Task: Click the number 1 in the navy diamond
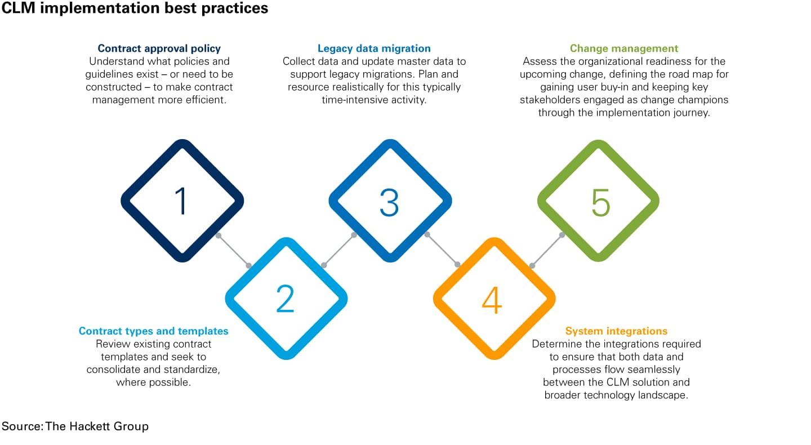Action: point(181,201)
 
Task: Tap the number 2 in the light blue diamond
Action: point(285,299)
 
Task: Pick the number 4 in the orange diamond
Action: point(492,300)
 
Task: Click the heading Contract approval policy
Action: point(159,48)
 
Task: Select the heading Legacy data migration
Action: point(374,48)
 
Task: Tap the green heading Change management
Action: point(624,48)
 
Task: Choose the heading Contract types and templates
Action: point(154,331)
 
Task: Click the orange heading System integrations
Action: point(616,331)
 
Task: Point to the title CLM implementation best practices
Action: point(135,9)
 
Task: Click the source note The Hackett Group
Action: point(97,426)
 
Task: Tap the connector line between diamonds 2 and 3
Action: point(338,250)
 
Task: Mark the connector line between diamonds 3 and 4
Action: point(442,250)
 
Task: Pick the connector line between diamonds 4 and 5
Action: point(547,250)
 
